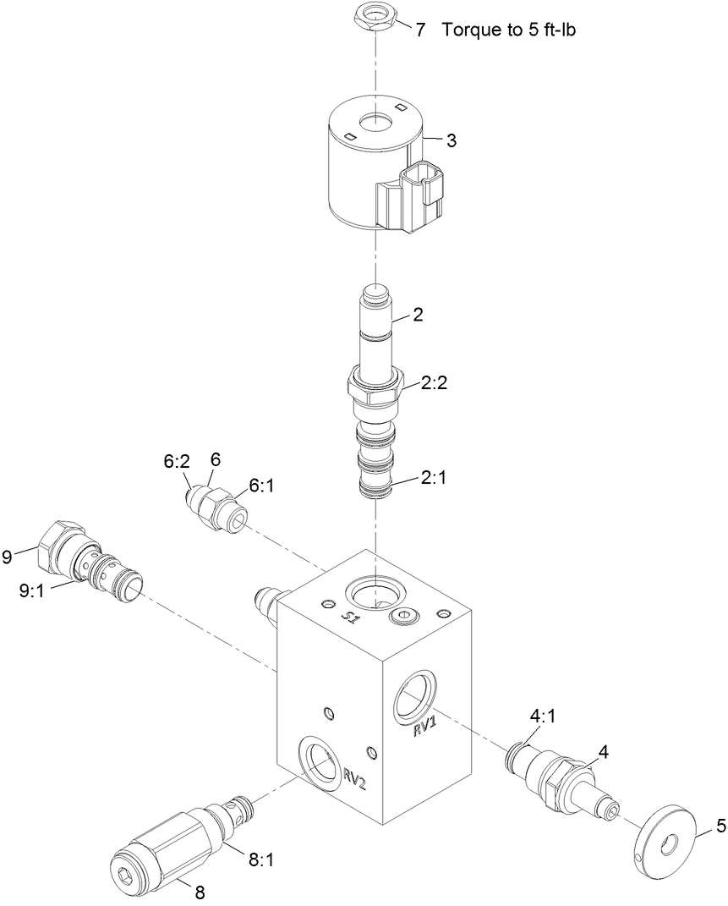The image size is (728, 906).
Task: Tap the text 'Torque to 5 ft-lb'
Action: [x=514, y=30]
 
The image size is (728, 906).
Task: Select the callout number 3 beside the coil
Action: [x=452, y=140]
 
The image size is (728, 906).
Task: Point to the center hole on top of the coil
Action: [x=372, y=124]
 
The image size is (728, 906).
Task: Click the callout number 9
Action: [x=8, y=556]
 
